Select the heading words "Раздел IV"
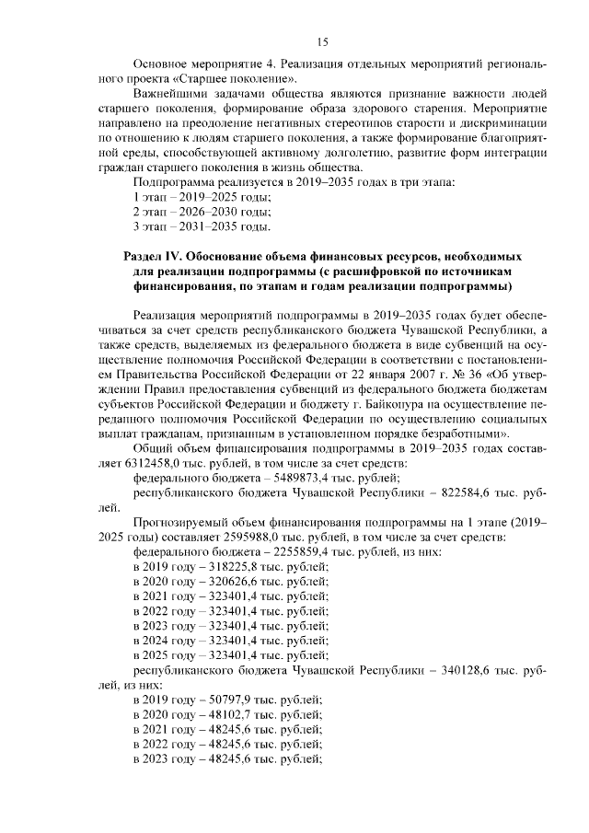pos(154,255)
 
